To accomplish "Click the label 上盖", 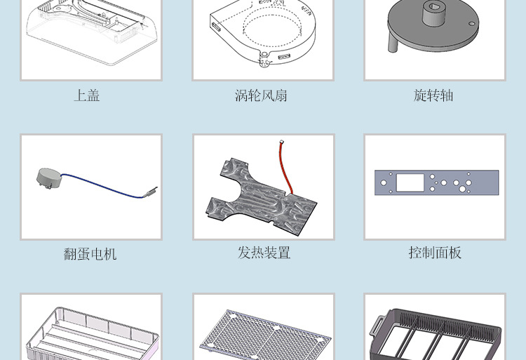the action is click(x=87, y=95).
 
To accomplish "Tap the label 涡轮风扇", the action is click(x=261, y=95).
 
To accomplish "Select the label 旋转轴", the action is click(x=433, y=95).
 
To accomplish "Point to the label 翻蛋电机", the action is click(x=90, y=253).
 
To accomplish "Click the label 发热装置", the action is click(x=264, y=253).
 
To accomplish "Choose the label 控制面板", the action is click(x=435, y=253).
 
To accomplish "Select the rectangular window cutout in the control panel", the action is click(x=410, y=183).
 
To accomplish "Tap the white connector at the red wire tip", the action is click(x=281, y=141).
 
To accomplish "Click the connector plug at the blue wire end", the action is click(x=153, y=192).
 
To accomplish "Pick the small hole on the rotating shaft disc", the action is click(x=472, y=24).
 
